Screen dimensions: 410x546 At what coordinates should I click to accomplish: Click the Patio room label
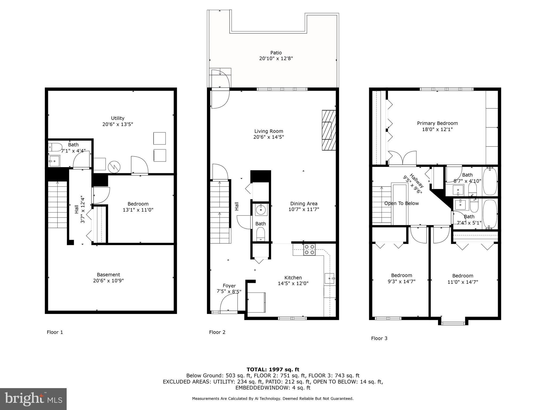point(276,53)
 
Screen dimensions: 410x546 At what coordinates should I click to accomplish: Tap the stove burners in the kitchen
point(309,250)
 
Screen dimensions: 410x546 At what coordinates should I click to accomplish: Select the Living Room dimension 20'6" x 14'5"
point(268,137)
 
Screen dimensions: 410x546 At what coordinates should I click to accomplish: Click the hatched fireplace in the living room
point(328,130)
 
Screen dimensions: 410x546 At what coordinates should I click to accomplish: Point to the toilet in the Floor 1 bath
point(55,147)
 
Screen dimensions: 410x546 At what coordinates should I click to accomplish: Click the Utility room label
point(118,118)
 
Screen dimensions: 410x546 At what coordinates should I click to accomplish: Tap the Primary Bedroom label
point(437,123)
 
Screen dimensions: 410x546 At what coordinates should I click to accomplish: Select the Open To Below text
point(401,203)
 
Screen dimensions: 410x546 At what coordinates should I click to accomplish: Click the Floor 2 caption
point(217,332)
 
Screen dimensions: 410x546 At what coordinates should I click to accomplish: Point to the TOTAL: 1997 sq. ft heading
point(273,369)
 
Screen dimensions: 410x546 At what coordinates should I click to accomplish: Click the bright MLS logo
point(33,399)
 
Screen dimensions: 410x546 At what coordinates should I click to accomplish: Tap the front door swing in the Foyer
point(228,303)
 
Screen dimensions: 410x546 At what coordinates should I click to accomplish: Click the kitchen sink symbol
point(330,279)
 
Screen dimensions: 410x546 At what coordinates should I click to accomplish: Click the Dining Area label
point(304,204)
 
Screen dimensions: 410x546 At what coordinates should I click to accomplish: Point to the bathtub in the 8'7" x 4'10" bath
point(490,181)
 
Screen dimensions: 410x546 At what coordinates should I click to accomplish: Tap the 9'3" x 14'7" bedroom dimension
point(401,281)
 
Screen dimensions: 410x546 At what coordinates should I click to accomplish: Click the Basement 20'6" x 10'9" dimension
point(108,281)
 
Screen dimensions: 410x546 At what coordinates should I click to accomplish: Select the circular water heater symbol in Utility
point(114,167)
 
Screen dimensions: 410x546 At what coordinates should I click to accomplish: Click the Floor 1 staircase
point(57,204)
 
